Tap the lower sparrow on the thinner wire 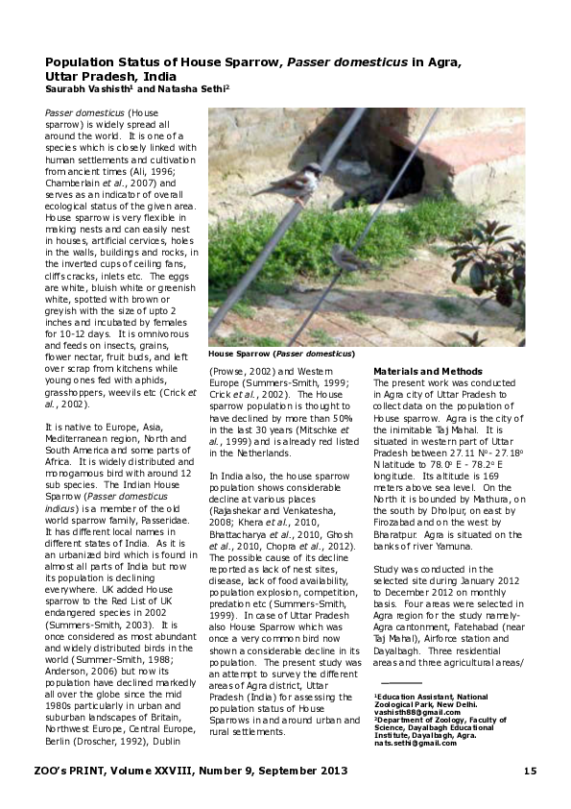tap(345, 256)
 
